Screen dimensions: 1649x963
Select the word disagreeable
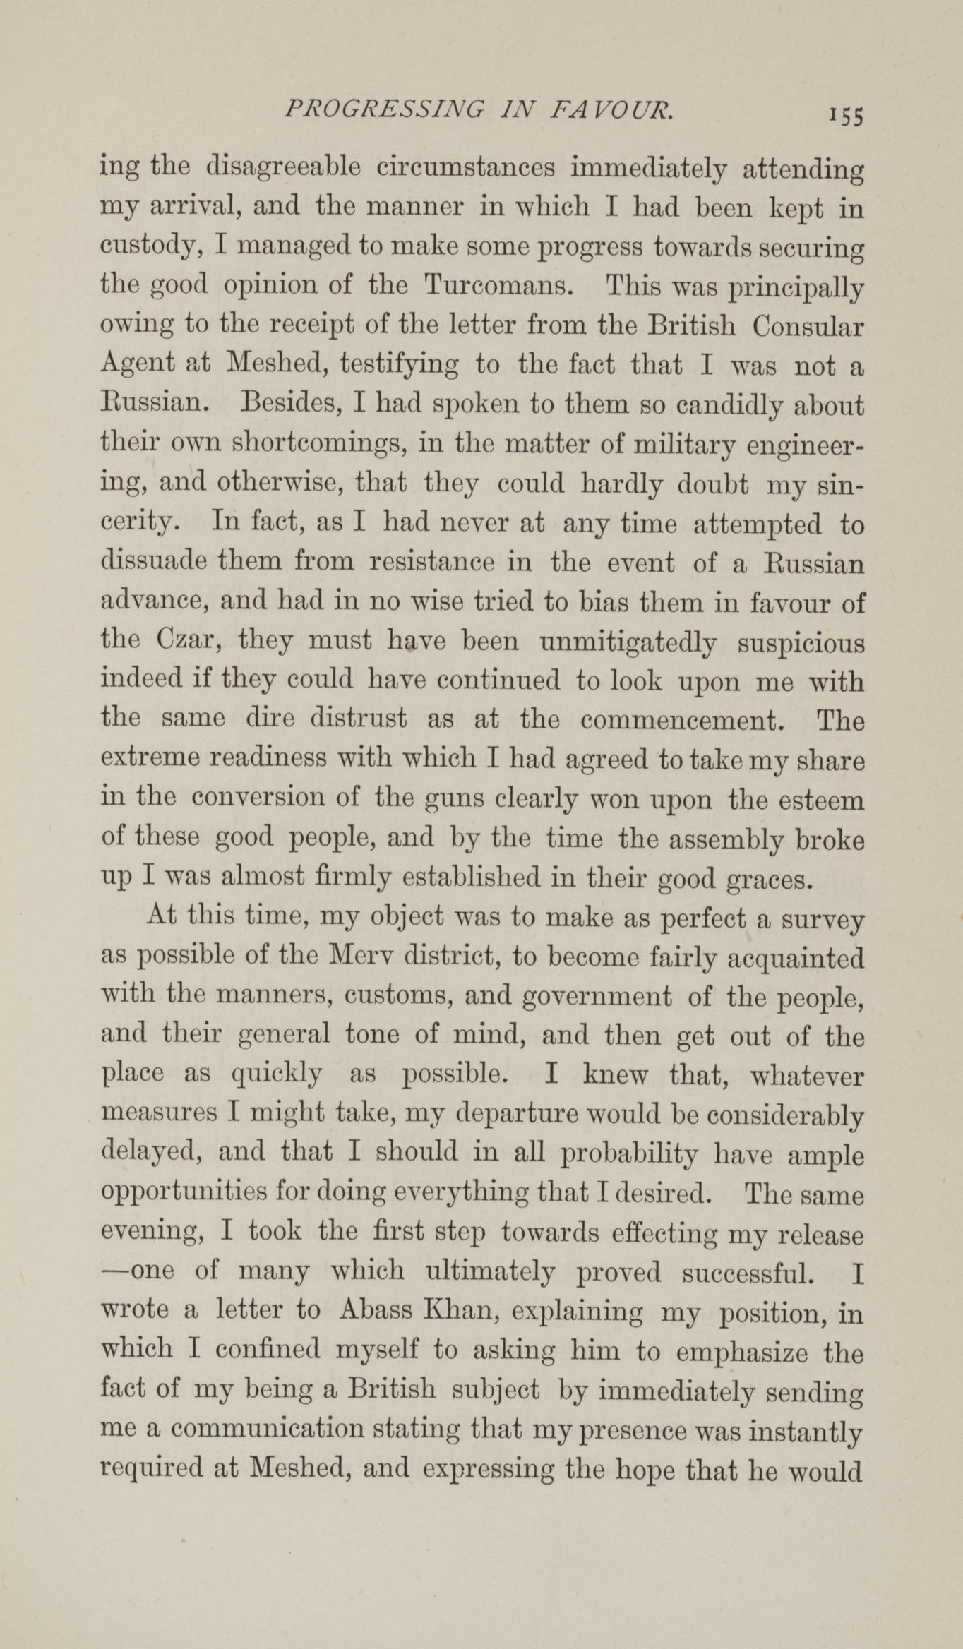pyautogui.click(x=284, y=169)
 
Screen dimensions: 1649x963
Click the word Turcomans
pyautogui.click(x=498, y=286)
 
